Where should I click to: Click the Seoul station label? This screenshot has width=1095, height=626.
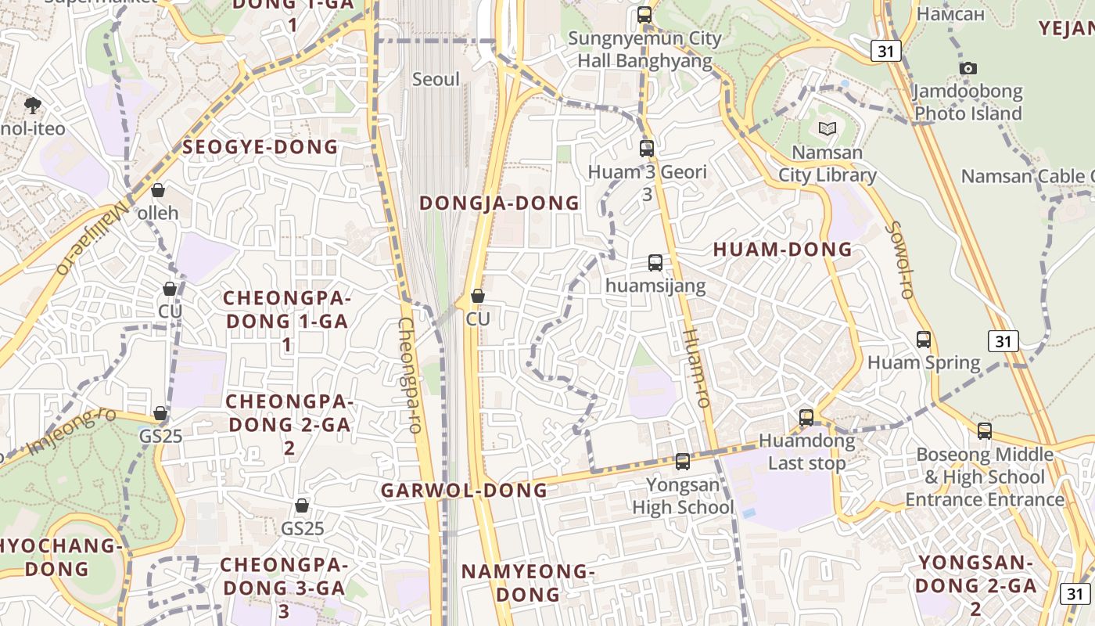436,80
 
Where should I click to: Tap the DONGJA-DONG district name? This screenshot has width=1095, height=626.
500,203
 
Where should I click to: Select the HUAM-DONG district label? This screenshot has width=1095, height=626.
782,250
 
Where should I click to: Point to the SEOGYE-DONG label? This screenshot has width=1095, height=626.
260,147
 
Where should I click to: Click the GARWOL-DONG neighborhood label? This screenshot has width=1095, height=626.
464,491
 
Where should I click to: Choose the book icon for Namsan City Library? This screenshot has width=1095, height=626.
827,129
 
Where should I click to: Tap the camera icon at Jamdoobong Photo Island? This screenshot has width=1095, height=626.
968,69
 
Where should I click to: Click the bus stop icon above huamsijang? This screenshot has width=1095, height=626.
655,263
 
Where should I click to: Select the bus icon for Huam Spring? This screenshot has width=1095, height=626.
924,340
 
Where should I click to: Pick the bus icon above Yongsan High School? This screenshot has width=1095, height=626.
683,462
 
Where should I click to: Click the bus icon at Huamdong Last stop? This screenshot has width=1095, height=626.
806,417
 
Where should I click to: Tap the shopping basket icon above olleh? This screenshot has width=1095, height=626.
158,190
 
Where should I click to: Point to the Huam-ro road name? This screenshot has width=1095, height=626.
695,367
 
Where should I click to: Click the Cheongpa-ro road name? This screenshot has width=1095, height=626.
411,375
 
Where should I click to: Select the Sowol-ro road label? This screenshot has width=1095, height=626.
900,261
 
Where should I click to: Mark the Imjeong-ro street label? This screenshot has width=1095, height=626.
72,431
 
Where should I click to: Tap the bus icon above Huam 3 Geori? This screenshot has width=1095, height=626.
647,149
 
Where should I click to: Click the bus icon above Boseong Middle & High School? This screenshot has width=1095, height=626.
985,431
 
